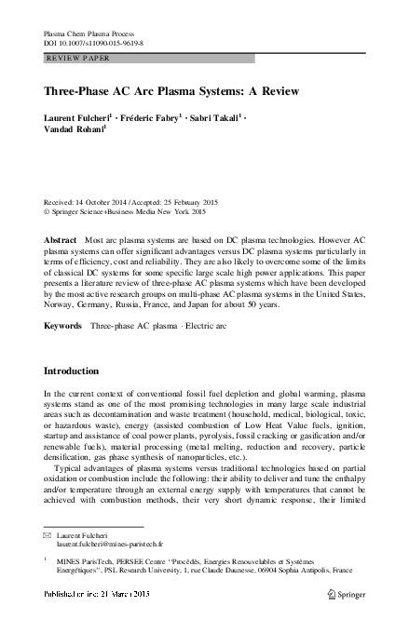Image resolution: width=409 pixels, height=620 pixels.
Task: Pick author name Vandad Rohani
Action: (x=74, y=132)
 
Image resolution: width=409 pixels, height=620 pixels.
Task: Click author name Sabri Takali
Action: (x=217, y=119)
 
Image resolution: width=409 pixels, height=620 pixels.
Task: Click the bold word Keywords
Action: (x=64, y=300)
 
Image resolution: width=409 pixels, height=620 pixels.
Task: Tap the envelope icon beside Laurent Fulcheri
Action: (x=49, y=538)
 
